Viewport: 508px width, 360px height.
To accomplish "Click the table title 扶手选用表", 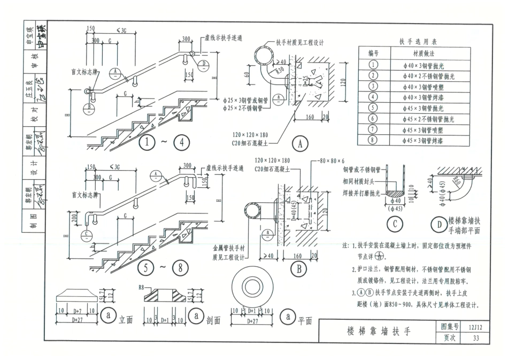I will tap(418, 41).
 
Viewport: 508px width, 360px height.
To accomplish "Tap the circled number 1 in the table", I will tap(373, 65).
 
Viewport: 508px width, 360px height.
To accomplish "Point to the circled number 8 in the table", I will tap(373, 140).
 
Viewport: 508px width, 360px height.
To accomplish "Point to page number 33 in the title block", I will tap(476, 338).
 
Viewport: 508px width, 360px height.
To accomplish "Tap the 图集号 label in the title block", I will tap(449, 326).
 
